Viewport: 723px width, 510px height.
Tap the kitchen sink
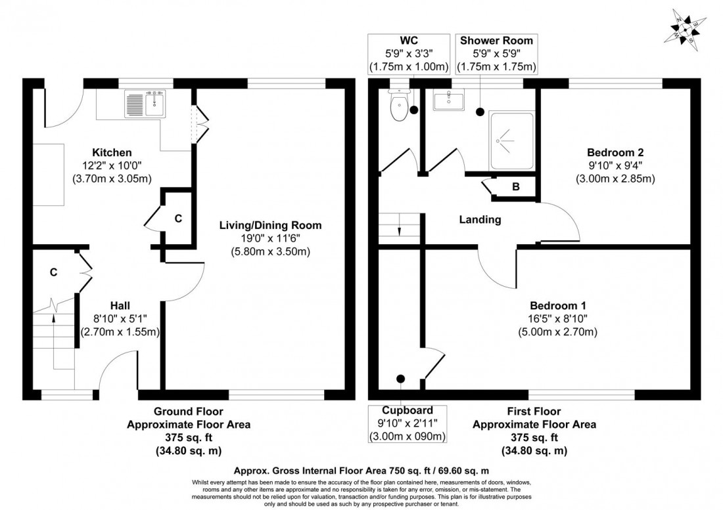pos(145,104)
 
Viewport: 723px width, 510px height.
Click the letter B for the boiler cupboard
pos(516,187)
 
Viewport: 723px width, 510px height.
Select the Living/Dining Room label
pos(270,225)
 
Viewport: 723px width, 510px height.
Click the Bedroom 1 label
pos(558,306)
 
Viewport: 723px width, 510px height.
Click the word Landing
pos(480,220)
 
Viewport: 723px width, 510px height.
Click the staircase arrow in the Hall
pos(53,319)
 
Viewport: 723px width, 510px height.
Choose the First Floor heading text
pos(534,412)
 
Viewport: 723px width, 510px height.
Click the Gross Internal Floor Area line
pos(361,471)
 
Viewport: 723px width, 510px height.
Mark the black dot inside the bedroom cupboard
pos(400,379)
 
